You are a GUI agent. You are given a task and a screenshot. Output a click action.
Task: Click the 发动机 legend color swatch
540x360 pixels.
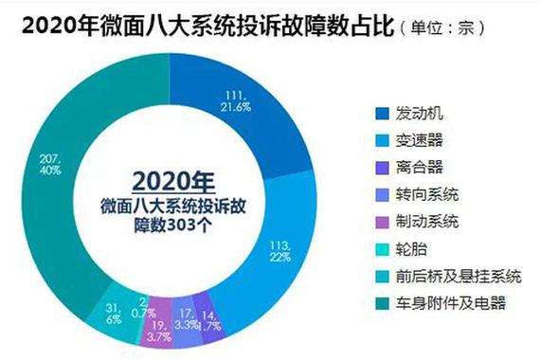(x=379, y=114)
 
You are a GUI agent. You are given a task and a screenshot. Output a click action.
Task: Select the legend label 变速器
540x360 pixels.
(x=418, y=140)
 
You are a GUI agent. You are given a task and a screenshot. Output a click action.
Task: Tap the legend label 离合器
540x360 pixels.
(x=418, y=168)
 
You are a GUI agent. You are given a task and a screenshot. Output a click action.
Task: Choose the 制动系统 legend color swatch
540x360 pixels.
(x=379, y=222)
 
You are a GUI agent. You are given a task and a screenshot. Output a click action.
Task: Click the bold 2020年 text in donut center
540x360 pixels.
(x=174, y=180)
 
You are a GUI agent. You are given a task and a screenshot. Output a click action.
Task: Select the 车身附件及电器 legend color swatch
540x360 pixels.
(x=379, y=303)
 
